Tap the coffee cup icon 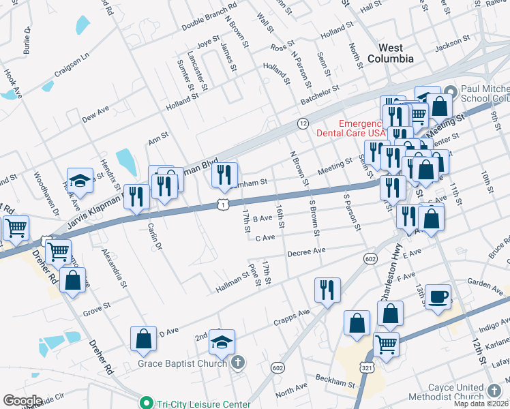438,297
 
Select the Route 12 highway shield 303,123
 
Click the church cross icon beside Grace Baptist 237,362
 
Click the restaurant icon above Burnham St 224,175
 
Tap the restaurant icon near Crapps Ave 327,289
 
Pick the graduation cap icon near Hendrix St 80,181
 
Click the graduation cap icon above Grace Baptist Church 222,342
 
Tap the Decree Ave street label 307,252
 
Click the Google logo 22,401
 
